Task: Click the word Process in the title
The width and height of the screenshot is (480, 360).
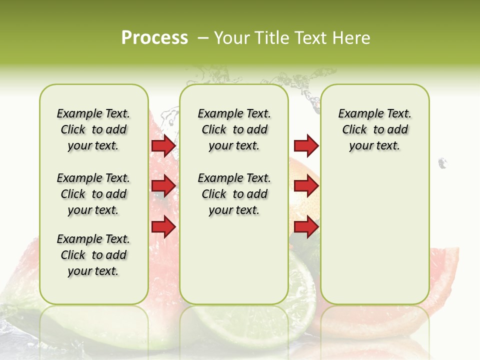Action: pyautogui.click(x=154, y=37)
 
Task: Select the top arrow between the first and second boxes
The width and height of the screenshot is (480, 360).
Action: pyautogui.click(x=163, y=145)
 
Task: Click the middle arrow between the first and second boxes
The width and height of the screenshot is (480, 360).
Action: pyautogui.click(x=163, y=186)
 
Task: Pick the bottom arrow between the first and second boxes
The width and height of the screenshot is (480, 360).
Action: pyautogui.click(x=163, y=227)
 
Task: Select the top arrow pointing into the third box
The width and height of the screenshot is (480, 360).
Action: pyautogui.click(x=306, y=145)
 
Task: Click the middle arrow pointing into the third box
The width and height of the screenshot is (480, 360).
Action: pyautogui.click(x=306, y=186)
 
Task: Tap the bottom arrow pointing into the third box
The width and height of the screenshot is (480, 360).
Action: pyautogui.click(x=306, y=227)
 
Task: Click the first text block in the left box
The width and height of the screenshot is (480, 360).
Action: pyautogui.click(x=93, y=129)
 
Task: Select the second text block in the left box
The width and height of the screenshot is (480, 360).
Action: pyautogui.click(x=93, y=194)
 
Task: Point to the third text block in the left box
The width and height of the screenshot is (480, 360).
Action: pyautogui.click(x=93, y=255)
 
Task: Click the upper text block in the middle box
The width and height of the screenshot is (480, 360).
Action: pyautogui.click(x=234, y=129)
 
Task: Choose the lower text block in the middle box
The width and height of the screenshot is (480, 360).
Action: pyautogui.click(x=234, y=194)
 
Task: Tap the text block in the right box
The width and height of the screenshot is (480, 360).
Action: pyautogui.click(x=374, y=129)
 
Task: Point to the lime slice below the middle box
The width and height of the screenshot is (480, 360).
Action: pyautogui.click(x=250, y=320)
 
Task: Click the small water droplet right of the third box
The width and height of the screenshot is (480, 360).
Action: pyautogui.click(x=442, y=162)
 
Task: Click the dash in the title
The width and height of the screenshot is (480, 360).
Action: pyautogui.click(x=203, y=37)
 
